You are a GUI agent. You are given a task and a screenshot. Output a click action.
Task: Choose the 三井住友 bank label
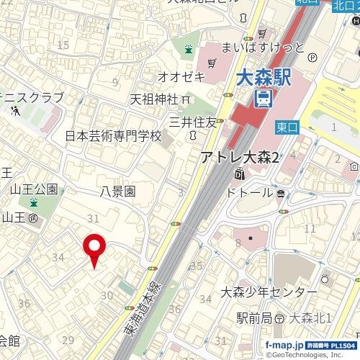click(x=192, y=122)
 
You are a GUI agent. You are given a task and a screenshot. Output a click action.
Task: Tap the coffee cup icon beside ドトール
click(x=280, y=193)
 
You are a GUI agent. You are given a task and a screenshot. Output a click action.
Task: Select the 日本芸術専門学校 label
click(x=114, y=135)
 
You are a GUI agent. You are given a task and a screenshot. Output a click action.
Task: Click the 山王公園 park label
click(x=34, y=190)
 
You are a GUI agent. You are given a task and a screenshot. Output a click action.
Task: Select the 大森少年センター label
click(x=269, y=292)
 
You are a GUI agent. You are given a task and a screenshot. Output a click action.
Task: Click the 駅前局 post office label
click(x=254, y=318)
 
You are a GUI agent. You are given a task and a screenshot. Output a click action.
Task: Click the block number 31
click(x=92, y=218)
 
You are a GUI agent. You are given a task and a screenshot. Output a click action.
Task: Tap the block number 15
click(x=64, y=45)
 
